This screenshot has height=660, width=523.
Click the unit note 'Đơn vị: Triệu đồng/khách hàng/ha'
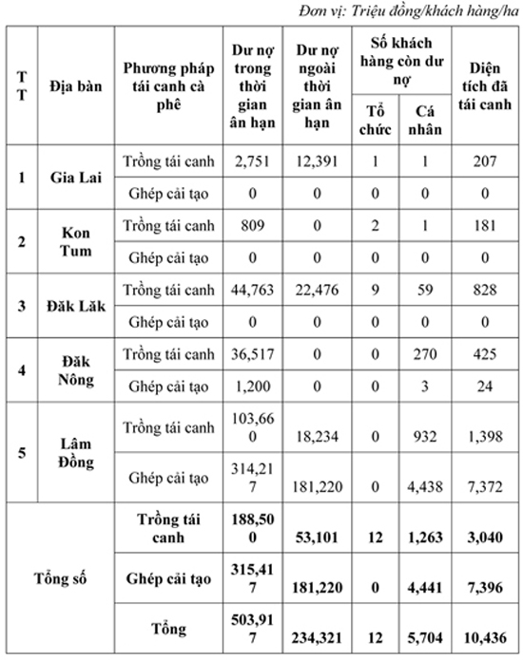[x=408, y=11]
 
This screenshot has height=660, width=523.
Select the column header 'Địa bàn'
[x=76, y=86]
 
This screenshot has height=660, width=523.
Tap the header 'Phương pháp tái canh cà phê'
[x=168, y=86]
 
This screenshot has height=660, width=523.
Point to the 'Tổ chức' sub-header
[x=375, y=120]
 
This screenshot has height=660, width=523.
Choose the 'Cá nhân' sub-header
[x=425, y=120]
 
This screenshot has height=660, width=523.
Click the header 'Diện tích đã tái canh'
[x=485, y=86]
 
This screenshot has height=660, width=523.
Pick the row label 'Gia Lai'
[x=76, y=178]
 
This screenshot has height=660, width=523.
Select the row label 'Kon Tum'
[x=76, y=241]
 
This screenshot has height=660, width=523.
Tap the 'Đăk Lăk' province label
[x=76, y=306]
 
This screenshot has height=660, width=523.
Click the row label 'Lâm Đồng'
[x=76, y=453]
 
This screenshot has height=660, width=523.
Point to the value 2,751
[x=252, y=161]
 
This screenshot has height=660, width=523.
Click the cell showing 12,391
[x=317, y=161]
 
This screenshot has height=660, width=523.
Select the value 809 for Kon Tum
[x=252, y=226]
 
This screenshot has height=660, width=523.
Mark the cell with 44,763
[x=252, y=290]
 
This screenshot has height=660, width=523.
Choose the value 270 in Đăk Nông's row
[x=425, y=354]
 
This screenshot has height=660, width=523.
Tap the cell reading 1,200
[x=252, y=387]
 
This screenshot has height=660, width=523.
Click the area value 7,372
[x=485, y=487]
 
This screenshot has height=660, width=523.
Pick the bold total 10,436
[x=485, y=638]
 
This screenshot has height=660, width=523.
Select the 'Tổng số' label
[x=60, y=578]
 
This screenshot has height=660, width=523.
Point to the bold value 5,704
[x=425, y=638]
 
